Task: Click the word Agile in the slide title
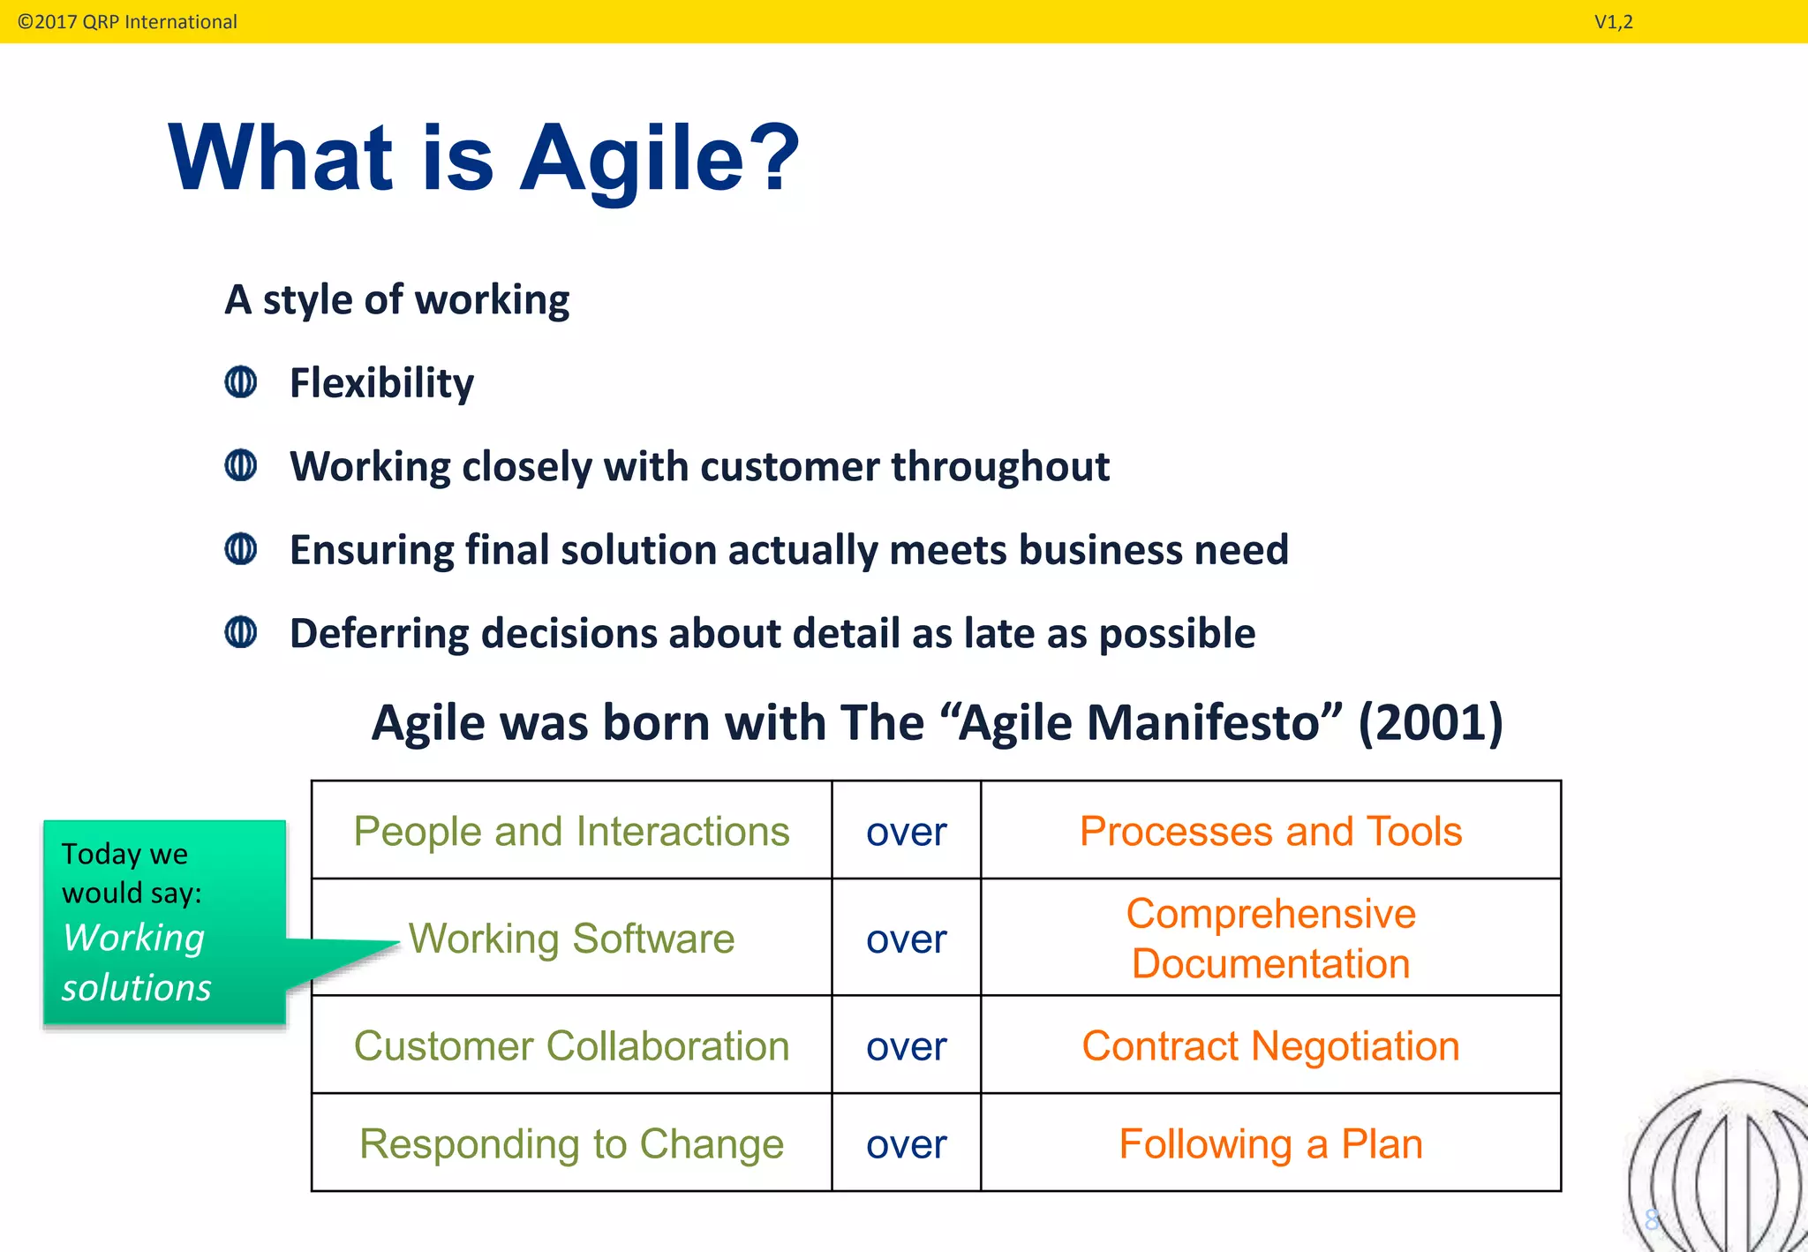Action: click(x=632, y=159)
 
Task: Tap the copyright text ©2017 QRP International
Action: click(x=127, y=21)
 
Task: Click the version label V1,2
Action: click(x=1613, y=22)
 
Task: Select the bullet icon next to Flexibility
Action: click(x=240, y=382)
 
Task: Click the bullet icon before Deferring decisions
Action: click(x=240, y=632)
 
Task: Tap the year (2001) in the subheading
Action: click(x=1430, y=722)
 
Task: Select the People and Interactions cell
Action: click(x=571, y=831)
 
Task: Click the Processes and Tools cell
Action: click(x=1270, y=831)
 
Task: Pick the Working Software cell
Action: click(x=571, y=938)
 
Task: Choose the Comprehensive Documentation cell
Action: click(x=1270, y=938)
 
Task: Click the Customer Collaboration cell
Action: click(x=571, y=1045)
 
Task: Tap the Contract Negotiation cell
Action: click(x=1270, y=1045)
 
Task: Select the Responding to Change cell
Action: click(x=571, y=1143)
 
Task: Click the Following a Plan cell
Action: click(x=1270, y=1143)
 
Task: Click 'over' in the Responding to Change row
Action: click(x=906, y=1144)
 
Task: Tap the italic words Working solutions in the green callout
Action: click(x=136, y=962)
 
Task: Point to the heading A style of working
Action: click(x=396, y=299)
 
